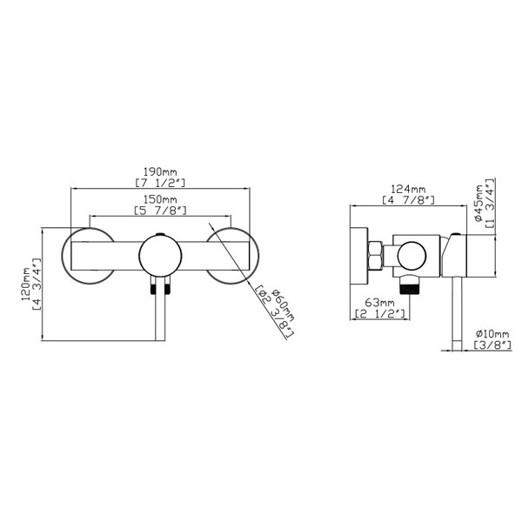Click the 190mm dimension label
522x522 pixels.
coord(160,172)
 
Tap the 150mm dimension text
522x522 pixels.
coord(160,199)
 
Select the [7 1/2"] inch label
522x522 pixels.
coord(160,183)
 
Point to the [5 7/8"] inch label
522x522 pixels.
coord(160,211)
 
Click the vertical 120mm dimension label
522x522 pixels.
coord(26,284)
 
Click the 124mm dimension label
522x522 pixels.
coord(408,189)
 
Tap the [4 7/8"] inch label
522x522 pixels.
coord(409,200)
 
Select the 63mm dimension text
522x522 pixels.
coord(379,303)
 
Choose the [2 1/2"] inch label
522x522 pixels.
coord(379,313)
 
